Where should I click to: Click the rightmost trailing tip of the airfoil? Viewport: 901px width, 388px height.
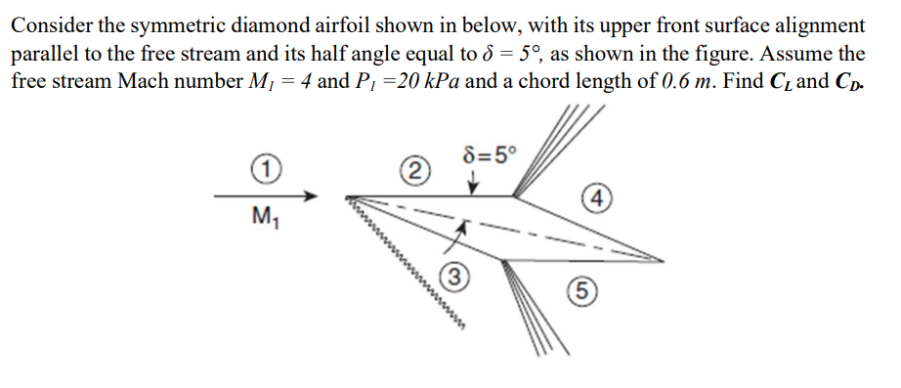[x=662, y=261]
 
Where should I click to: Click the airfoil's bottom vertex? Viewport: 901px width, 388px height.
[x=502, y=260]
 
